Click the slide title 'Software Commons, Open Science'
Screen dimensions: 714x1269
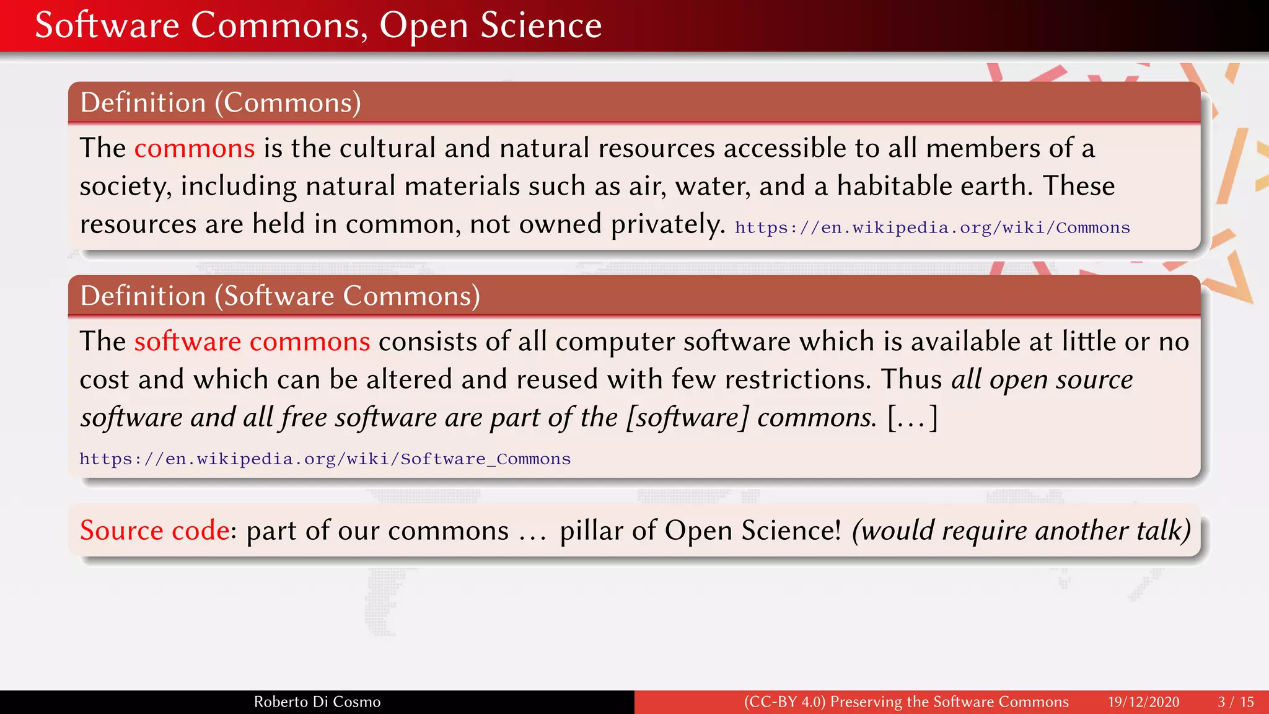[318, 25]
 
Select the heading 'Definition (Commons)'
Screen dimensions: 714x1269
[221, 103]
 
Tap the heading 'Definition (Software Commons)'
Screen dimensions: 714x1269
[280, 296]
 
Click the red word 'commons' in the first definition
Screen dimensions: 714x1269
[195, 149]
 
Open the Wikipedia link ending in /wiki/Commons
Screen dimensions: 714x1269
[932, 228]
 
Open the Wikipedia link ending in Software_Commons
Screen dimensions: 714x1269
[325, 459]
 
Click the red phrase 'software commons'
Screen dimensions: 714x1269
[252, 342]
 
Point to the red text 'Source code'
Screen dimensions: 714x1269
[154, 531]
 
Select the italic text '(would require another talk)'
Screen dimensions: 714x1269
[1021, 531]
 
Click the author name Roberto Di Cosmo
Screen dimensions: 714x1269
[317, 702]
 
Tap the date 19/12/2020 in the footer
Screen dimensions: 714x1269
[1143, 702]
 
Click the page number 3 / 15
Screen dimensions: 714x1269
[1236, 702]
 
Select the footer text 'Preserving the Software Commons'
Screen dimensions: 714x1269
[949, 702]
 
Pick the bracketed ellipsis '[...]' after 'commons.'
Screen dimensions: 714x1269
[913, 418]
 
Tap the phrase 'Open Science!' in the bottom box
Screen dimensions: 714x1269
[753, 531]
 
